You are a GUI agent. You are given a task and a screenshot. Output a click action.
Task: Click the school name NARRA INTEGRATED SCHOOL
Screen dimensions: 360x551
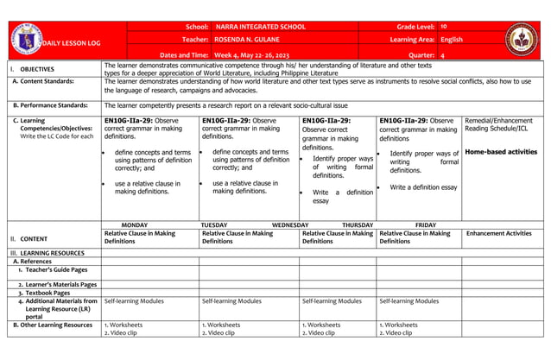[x=260, y=27]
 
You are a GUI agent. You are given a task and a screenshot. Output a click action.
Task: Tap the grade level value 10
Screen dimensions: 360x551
[x=444, y=27]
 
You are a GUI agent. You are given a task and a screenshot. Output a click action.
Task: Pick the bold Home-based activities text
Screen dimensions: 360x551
[x=500, y=152]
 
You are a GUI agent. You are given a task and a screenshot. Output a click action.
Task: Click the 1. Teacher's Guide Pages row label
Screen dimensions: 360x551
[x=52, y=270]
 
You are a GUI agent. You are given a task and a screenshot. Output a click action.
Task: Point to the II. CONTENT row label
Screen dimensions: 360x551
[x=35, y=237]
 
